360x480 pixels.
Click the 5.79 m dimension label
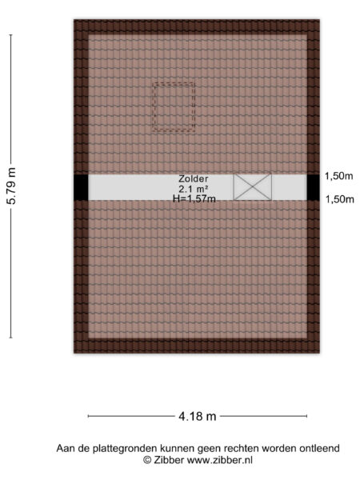[x=11, y=186]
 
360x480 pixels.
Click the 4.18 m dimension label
[x=198, y=416]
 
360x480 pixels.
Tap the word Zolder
[x=194, y=178]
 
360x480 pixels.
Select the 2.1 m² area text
[x=194, y=189]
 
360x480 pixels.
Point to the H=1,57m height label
[x=194, y=199]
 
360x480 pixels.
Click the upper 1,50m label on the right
[x=339, y=176]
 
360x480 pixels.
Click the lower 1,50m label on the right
[x=339, y=199]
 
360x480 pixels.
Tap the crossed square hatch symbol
[x=253, y=187]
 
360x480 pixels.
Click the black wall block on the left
[x=81, y=187]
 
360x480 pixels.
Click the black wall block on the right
[x=313, y=187]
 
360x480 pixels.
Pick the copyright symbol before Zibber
[x=147, y=460]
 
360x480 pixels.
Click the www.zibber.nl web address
[x=220, y=460]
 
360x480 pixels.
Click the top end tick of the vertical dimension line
[x=11, y=35]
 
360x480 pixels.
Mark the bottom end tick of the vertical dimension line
[x=11, y=338]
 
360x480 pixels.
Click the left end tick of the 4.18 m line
[x=88, y=416]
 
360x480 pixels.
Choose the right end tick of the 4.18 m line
[x=306, y=416]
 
